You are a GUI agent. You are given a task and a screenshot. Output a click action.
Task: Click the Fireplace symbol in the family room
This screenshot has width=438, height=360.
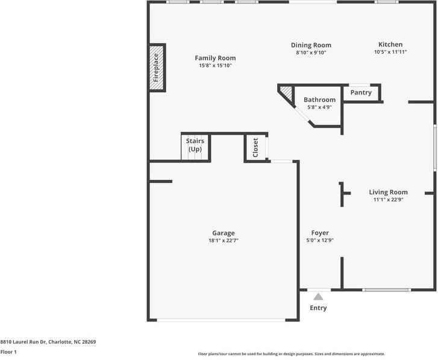point(157,67)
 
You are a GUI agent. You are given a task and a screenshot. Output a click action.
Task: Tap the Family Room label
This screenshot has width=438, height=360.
point(215,58)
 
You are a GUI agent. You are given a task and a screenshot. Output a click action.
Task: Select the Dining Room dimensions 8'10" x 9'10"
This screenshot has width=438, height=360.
point(311,53)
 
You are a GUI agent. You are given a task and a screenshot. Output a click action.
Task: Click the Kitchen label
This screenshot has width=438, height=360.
point(390,44)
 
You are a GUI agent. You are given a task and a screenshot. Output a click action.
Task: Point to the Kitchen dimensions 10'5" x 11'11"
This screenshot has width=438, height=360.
point(390,52)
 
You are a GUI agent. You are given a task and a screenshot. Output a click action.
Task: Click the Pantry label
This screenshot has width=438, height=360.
point(361,93)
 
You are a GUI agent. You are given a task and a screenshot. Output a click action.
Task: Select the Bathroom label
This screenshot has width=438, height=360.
point(319,99)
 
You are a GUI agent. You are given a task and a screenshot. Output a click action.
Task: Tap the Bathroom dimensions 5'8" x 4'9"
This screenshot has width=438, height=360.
point(319,107)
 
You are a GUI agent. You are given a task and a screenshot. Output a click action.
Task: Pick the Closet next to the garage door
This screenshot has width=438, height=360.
point(255,147)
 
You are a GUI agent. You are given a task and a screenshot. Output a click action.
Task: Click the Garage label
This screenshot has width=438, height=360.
point(223,233)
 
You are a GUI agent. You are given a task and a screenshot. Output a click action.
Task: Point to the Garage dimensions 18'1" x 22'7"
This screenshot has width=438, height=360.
point(223,241)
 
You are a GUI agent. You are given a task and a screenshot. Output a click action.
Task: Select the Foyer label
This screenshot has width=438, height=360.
point(320,233)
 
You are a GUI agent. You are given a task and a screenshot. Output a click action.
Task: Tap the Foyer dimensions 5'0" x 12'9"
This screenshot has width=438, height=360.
point(320,241)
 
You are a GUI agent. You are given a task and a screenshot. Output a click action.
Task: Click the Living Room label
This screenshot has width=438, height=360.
point(388,192)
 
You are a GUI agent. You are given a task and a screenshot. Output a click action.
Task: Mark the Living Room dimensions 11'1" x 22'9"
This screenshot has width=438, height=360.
point(388,200)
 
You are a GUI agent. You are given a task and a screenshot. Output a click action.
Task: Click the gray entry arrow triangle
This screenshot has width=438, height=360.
point(318,296)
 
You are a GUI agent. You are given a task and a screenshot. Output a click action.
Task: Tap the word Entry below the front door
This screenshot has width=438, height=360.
point(318,308)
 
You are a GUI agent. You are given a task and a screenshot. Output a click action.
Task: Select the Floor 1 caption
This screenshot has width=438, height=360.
point(8,352)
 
